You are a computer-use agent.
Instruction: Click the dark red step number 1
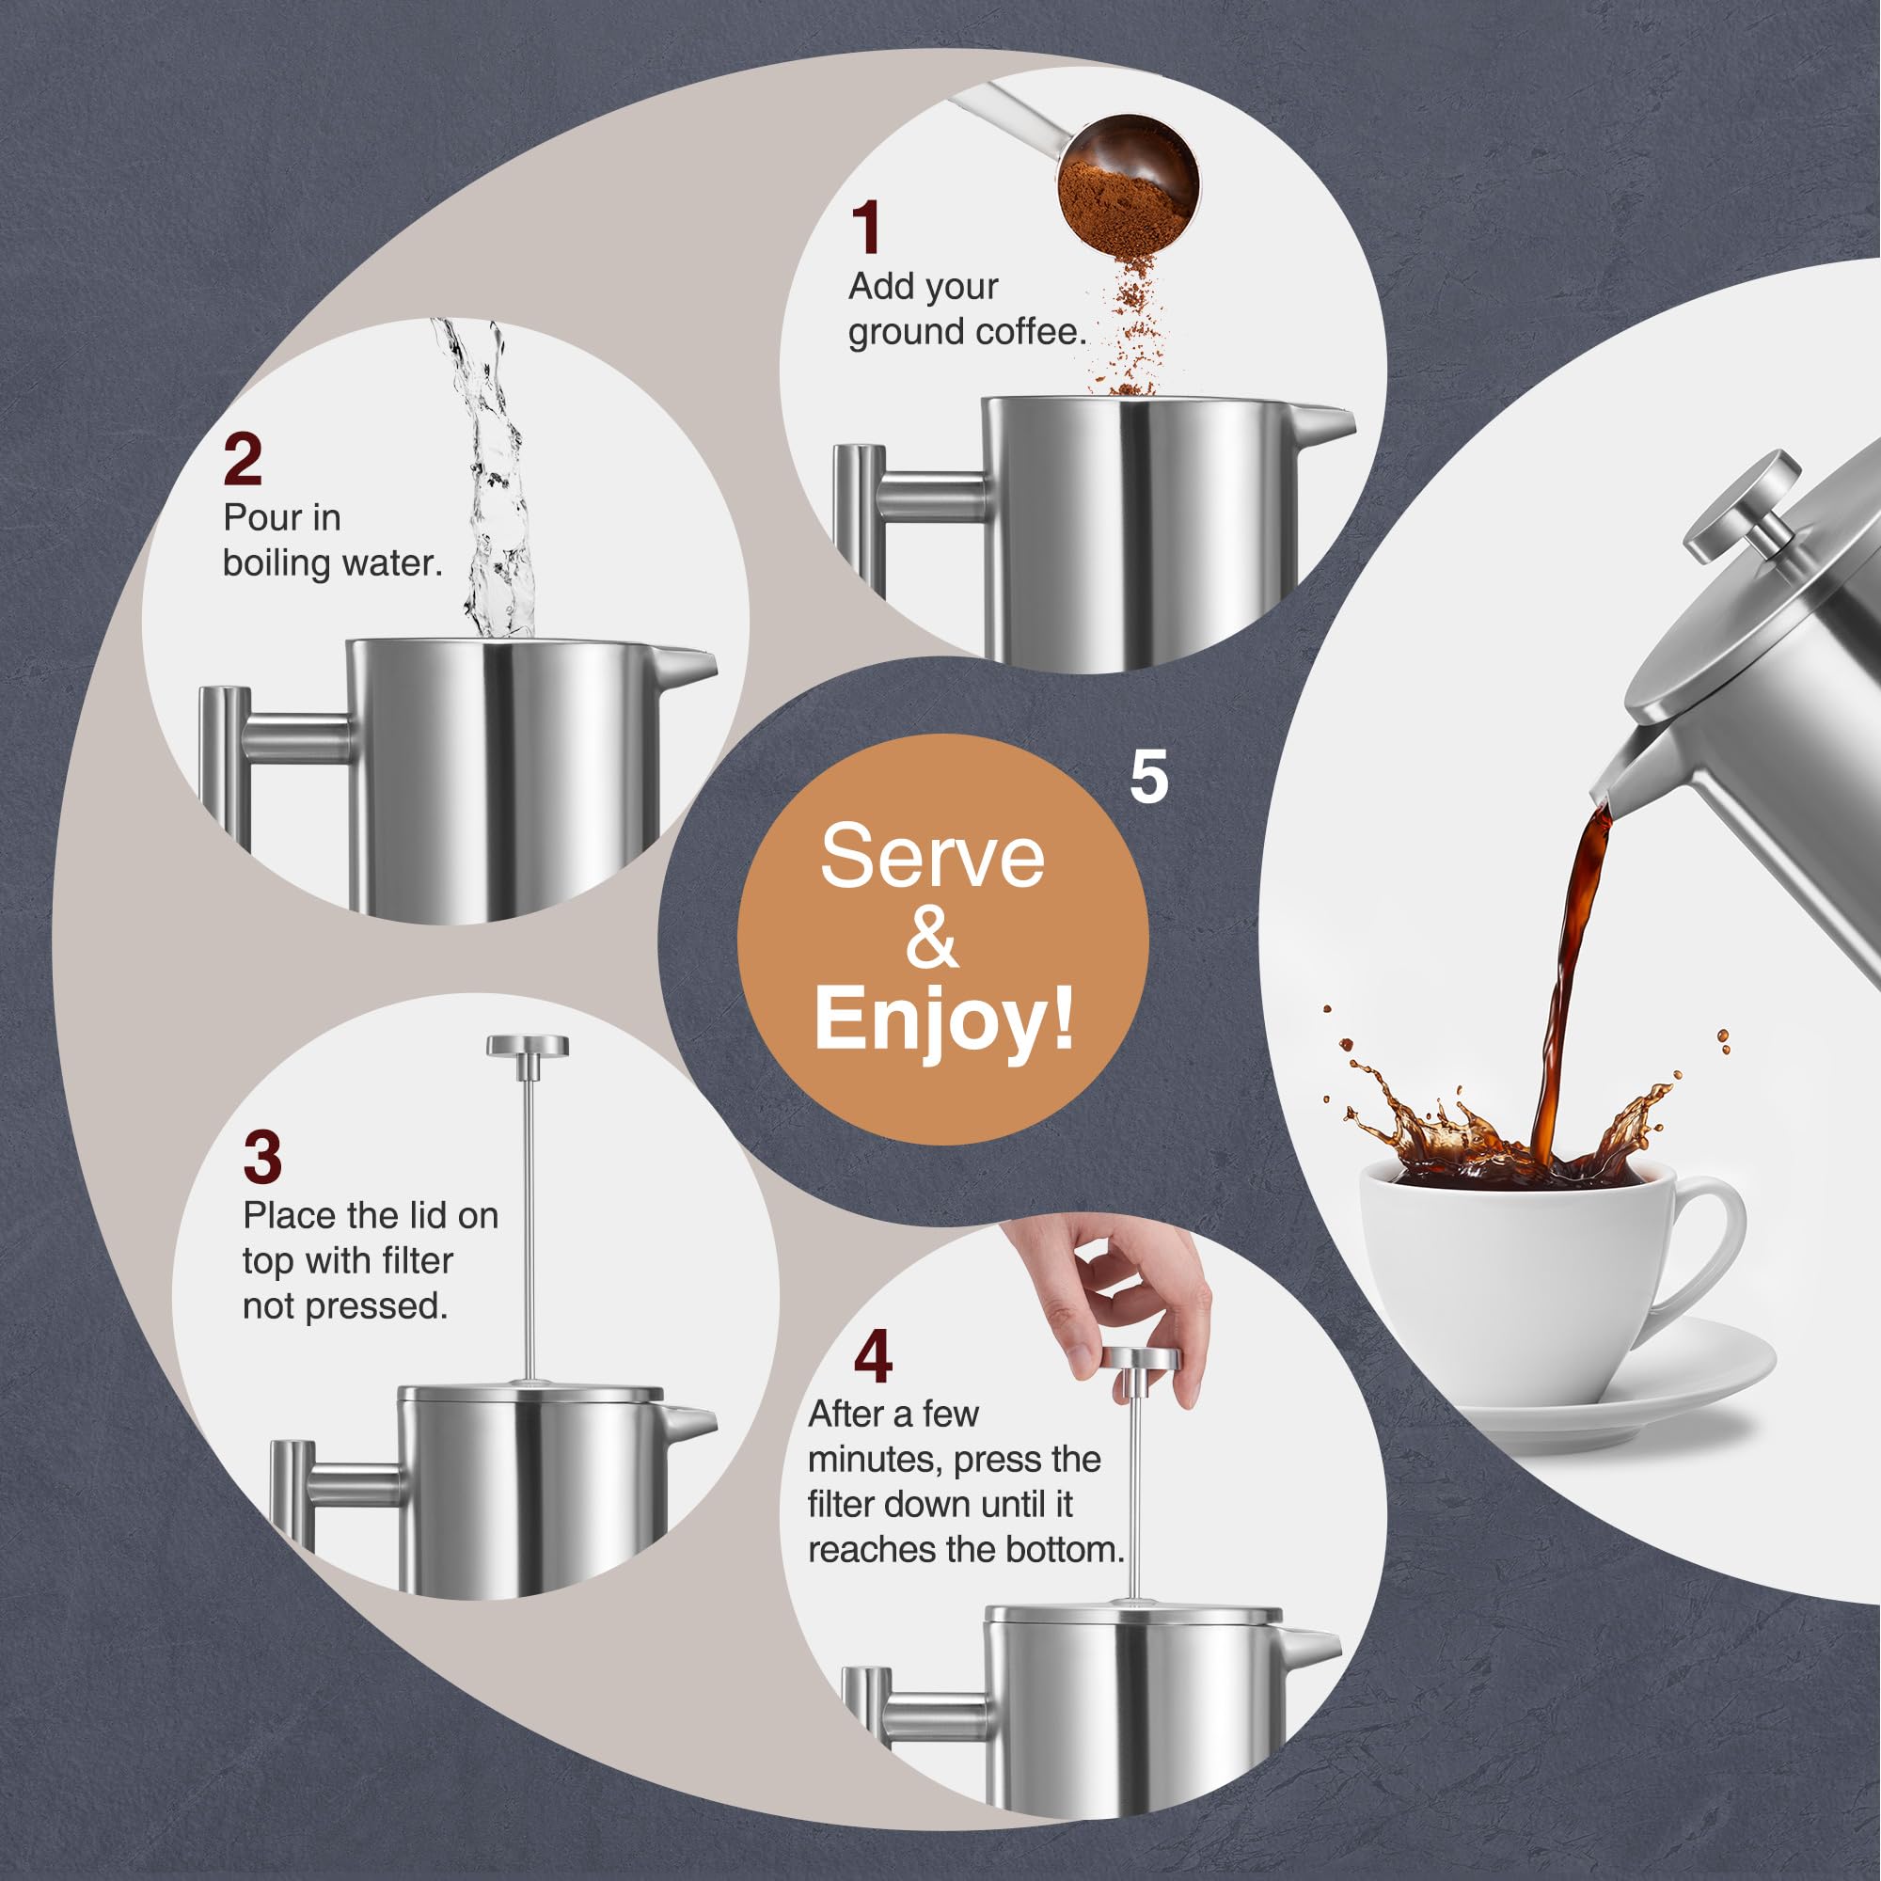point(865,228)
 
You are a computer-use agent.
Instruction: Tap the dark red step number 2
point(243,460)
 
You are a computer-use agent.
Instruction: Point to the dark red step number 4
point(873,1357)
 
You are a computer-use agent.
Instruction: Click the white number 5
point(1149,777)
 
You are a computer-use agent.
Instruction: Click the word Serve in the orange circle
point(932,857)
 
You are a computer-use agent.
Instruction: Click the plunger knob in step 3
point(528,1047)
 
